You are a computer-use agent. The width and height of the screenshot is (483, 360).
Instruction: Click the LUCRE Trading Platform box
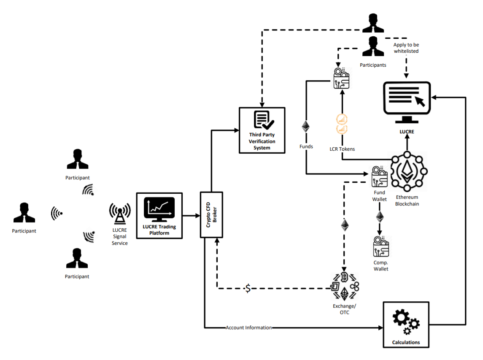pos(159,216)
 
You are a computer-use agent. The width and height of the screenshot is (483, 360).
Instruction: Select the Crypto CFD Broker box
pos(211,214)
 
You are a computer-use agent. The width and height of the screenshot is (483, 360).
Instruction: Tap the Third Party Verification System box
pos(262,130)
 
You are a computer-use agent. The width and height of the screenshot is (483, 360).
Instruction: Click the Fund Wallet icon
pos(379,176)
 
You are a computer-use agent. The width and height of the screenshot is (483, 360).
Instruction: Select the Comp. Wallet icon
pos(380,247)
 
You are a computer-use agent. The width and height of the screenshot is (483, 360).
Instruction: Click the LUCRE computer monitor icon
pos(407,101)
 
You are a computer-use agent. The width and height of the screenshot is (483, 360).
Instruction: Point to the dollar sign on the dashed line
pos(248,288)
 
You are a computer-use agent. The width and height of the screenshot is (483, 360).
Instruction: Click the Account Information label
pos(248,328)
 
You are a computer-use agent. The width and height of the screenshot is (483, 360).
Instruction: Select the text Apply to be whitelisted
pos(406,48)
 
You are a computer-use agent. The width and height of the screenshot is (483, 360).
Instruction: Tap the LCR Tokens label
pos(342,149)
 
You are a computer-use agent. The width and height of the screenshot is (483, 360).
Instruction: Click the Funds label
pos(306,146)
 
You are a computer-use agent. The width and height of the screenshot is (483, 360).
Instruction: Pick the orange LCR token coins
pos(342,124)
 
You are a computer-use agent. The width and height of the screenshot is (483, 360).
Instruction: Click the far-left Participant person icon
pos(24,213)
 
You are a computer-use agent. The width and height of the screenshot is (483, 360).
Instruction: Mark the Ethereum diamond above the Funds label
pos(306,127)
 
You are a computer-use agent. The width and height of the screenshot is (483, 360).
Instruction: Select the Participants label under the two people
pos(373,65)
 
